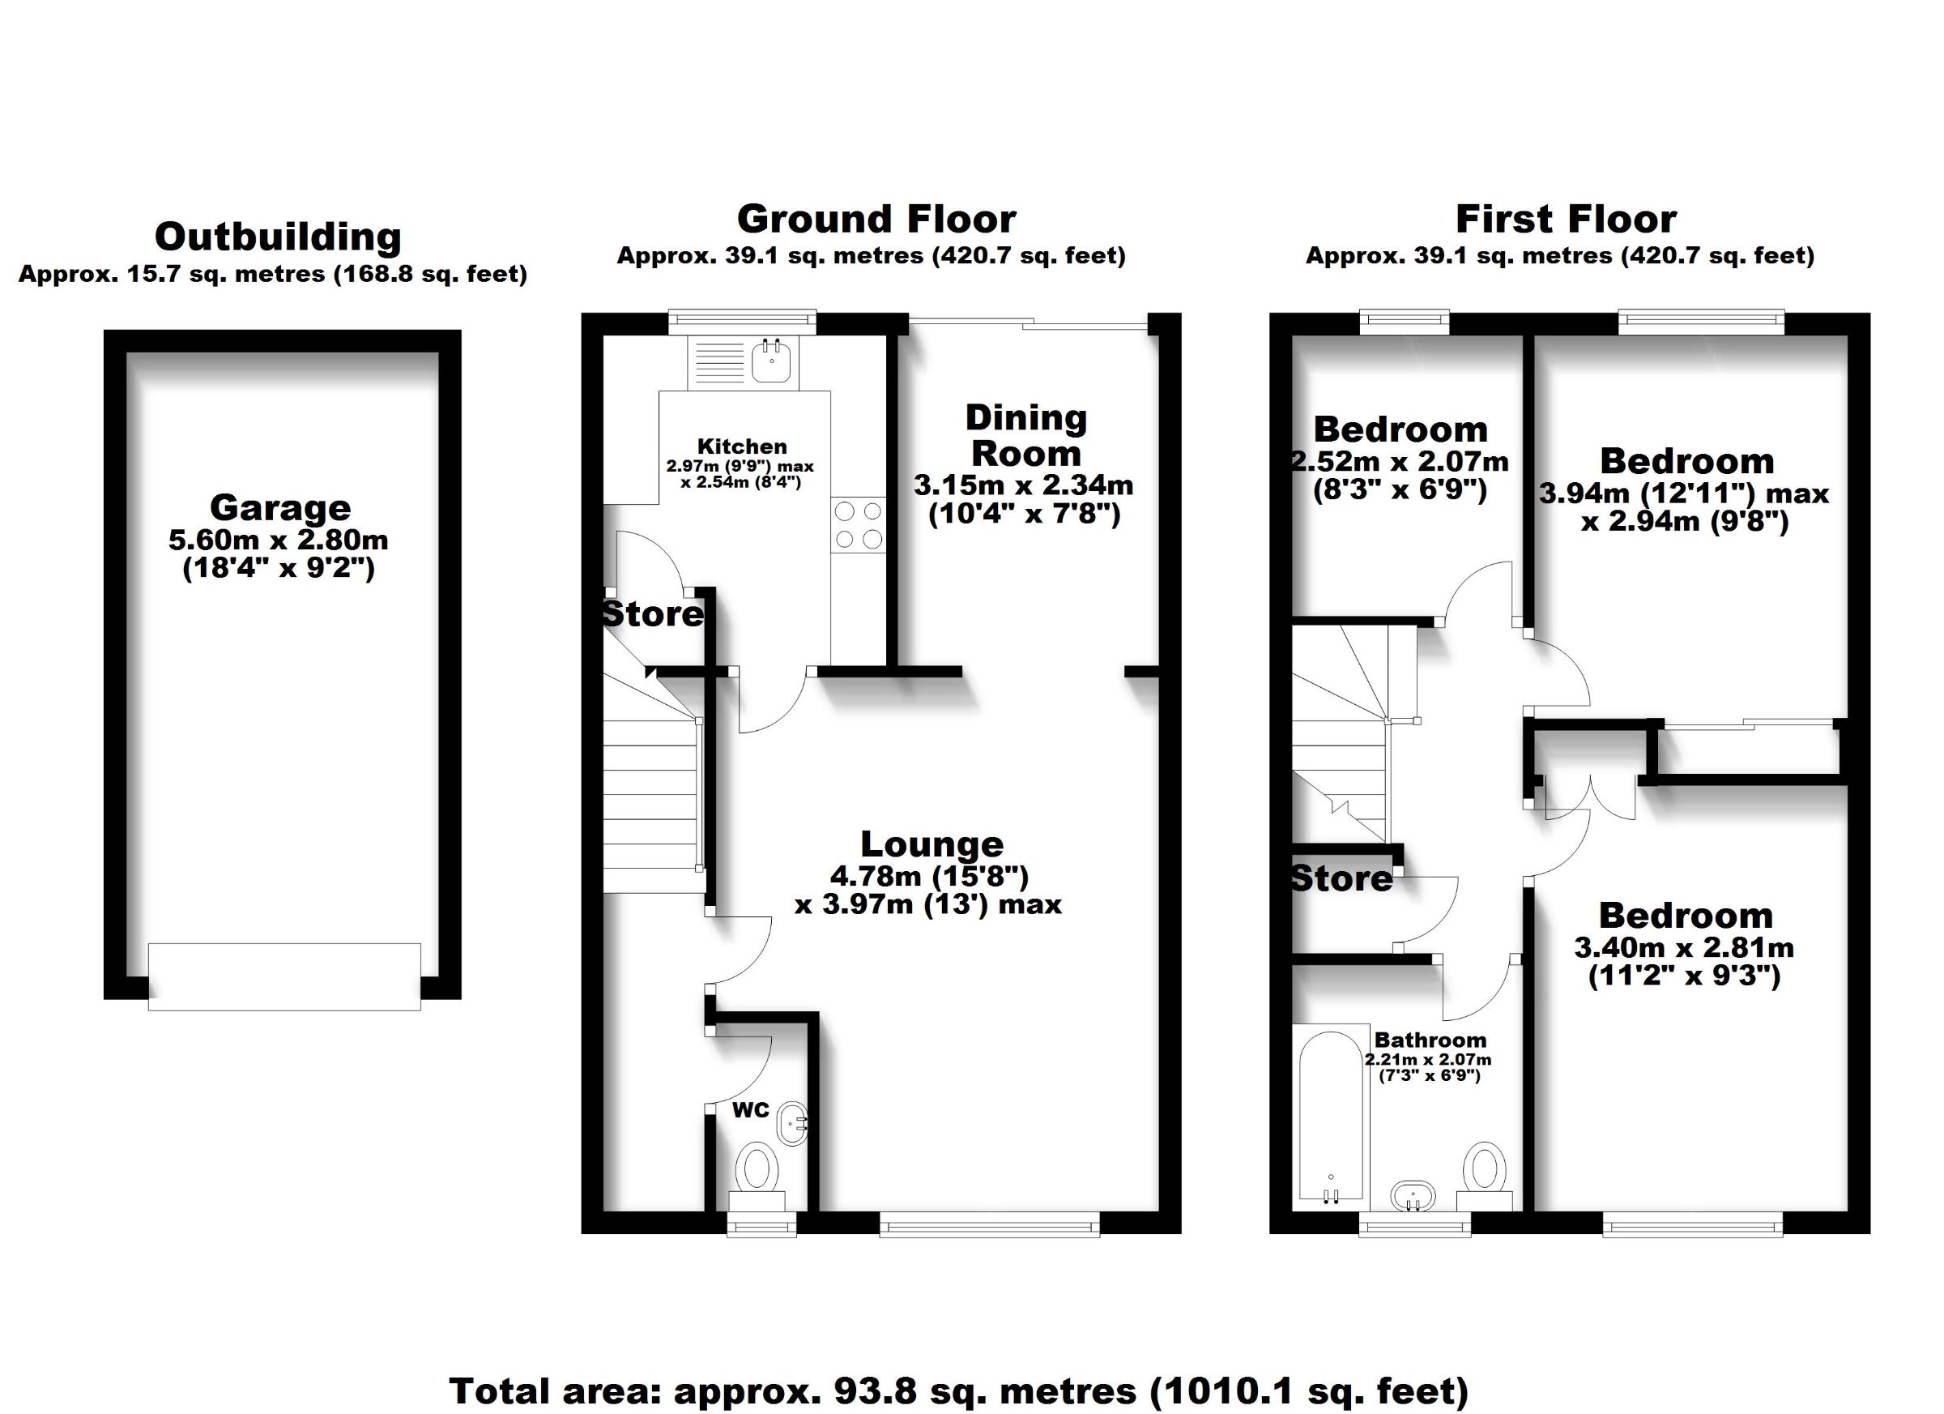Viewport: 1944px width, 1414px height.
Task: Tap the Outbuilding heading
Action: [278, 237]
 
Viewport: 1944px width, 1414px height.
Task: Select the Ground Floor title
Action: [876, 219]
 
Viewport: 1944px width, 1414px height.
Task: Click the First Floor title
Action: [1565, 219]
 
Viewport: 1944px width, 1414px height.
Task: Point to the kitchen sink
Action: [771, 361]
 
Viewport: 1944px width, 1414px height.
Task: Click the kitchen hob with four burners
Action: [858, 525]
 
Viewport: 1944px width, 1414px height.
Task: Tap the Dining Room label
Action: [1026, 436]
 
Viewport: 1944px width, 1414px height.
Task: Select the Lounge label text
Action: [932, 844]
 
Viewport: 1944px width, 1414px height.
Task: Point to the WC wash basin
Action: [793, 1123]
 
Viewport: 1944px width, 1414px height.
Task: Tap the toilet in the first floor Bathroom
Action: [1486, 1176]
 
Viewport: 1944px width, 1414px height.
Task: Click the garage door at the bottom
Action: [284, 976]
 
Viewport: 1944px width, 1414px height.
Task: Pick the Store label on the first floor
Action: [1341, 878]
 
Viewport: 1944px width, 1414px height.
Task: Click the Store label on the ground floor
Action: [653, 614]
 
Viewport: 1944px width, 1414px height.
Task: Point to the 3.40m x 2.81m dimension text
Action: [1684, 947]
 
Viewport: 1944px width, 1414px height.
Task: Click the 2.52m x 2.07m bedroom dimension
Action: [1400, 462]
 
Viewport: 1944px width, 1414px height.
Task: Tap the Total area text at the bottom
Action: [959, 1390]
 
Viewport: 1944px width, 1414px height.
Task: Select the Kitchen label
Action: [741, 446]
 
